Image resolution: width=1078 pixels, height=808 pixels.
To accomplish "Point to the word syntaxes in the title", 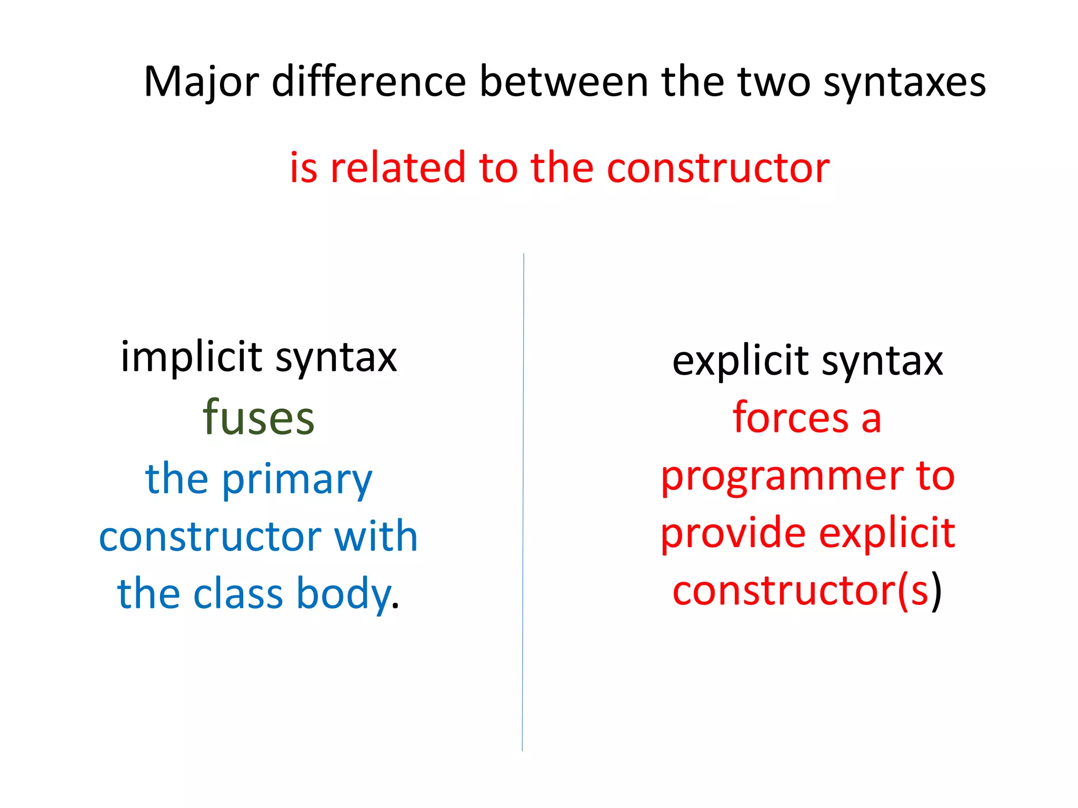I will coord(904,83).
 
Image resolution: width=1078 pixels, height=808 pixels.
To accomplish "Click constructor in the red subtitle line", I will coord(718,168).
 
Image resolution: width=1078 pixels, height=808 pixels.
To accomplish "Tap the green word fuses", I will coord(259,418).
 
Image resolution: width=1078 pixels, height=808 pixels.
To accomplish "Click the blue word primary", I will coord(297,480).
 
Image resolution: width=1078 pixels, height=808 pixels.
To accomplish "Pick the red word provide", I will coord(733,533).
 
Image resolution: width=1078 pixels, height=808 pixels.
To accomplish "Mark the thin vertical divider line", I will coord(523,500).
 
